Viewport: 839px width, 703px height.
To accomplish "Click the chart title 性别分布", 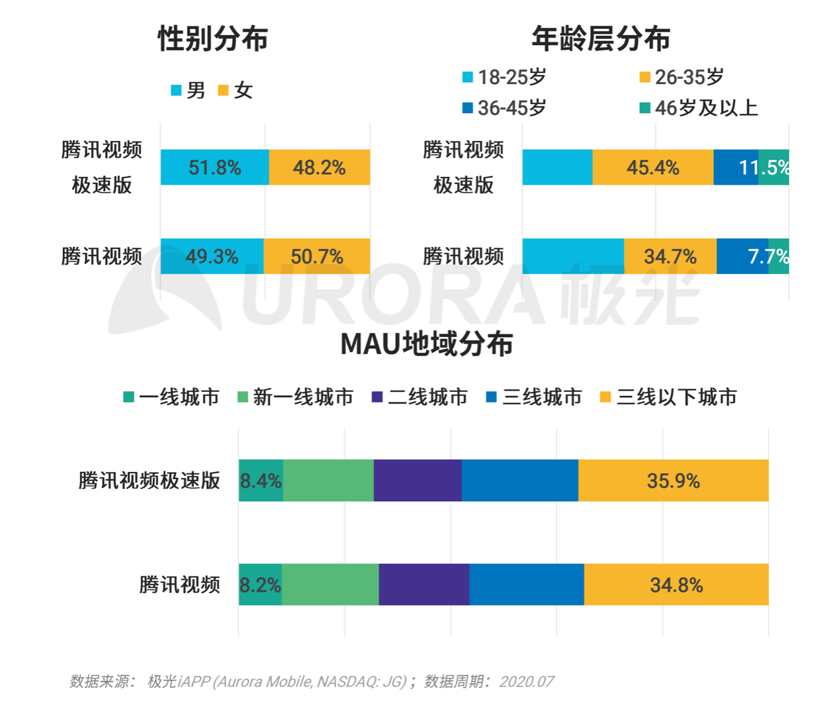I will (x=212, y=38).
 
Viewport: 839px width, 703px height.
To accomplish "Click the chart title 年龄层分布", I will (x=601, y=38).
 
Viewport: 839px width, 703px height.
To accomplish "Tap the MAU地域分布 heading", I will (x=427, y=344).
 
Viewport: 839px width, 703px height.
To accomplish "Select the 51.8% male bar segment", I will (x=214, y=167).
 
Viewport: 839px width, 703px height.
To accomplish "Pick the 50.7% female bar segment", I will (x=316, y=256).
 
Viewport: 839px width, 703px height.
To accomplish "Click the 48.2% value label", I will (x=319, y=167).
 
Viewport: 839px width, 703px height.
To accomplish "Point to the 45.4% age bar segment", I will (x=652, y=167).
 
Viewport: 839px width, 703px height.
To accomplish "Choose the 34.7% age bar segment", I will (x=670, y=256).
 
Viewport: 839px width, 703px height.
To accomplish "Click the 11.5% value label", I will (x=764, y=167).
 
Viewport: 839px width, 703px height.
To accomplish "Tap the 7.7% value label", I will (x=768, y=256).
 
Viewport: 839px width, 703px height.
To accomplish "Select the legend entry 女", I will (x=236, y=90).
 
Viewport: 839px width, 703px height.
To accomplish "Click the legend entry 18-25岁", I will (x=504, y=77).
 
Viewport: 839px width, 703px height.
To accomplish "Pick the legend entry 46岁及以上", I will (x=699, y=108).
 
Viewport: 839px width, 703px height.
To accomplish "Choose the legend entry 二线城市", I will (x=420, y=397).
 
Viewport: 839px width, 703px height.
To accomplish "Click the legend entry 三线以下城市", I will (x=668, y=397).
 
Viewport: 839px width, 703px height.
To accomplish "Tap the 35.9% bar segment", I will (x=673, y=481).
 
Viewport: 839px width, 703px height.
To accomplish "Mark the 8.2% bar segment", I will (x=260, y=585).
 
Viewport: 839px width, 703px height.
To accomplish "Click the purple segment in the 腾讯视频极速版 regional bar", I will (x=418, y=481).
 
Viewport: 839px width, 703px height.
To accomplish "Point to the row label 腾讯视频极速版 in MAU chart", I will (x=149, y=481).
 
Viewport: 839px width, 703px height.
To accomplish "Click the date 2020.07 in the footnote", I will (x=526, y=681).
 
